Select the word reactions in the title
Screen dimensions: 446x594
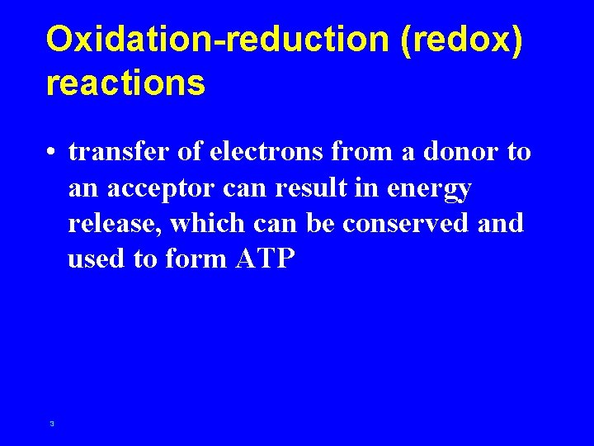[125, 83]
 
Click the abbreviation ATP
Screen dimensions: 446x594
[265, 259]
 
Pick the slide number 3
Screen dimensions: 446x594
[52, 424]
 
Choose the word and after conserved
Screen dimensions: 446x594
[501, 224]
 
